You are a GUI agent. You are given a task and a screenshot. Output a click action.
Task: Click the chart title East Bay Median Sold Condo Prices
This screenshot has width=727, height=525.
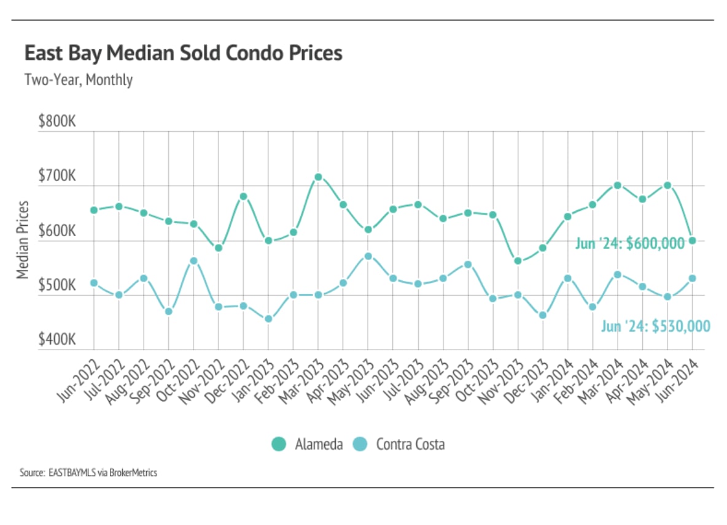point(183,53)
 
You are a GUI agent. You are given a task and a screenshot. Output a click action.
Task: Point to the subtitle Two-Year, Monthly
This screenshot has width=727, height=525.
point(78,80)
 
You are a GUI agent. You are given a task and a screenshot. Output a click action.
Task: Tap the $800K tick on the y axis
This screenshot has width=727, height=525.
point(56,121)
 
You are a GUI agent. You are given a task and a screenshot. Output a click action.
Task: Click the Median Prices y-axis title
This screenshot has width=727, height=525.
point(23,239)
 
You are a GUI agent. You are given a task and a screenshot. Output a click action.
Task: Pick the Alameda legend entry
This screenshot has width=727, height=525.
point(307,444)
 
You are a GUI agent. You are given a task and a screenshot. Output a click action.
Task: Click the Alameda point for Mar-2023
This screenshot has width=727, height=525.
point(318,177)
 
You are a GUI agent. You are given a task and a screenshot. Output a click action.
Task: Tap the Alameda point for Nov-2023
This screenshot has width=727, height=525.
point(518,261)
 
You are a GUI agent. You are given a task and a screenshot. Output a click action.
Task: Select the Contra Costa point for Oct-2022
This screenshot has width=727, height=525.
point(193,261)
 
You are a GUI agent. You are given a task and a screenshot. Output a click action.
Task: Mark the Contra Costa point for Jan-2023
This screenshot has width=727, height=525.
point(268,319)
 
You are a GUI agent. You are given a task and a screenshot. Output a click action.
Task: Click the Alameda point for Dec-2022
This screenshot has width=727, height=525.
point(243,196)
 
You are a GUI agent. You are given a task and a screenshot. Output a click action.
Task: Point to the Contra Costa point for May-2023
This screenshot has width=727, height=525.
point(368,256)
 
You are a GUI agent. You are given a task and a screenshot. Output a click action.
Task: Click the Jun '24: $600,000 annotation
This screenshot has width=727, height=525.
point(629,243)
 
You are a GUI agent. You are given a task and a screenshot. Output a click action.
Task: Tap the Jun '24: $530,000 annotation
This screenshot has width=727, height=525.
point(655,326)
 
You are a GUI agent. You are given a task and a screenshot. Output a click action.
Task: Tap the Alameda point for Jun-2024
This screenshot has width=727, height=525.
point(693,240)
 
